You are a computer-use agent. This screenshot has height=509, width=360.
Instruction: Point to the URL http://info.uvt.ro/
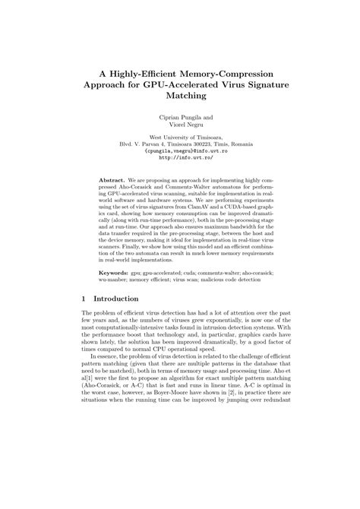pos(180,158)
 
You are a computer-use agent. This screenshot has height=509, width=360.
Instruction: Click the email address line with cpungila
pos(180,150)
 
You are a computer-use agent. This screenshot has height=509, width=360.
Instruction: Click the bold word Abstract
pos(115,180)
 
